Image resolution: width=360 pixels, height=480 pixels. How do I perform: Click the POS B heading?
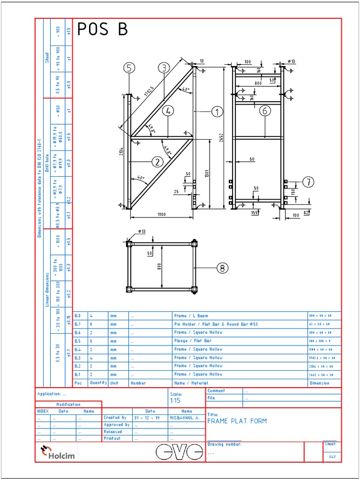[x=102, y=30]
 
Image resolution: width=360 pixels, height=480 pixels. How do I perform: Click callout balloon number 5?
[x=130, y=68]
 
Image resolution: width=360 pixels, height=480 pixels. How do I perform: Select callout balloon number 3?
[x=163, y=68]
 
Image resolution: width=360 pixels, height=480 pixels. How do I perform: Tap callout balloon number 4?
[x=168, y=111]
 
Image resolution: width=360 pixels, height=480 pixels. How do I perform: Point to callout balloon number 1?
[x=217, y=112]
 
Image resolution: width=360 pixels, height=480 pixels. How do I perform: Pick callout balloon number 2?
[x=157, y=162]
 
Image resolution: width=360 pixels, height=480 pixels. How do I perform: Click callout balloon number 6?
[x=265, y=111]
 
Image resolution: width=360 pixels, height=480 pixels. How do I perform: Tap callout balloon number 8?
[x=222, y=268]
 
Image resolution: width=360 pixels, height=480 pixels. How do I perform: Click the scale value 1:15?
[x=175, y=401]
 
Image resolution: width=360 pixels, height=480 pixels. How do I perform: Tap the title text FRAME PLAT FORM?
[x=237, y=421]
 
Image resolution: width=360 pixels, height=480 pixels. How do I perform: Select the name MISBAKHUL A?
[x=184, y=417]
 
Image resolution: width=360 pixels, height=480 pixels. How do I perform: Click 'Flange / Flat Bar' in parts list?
[x=193, y=341]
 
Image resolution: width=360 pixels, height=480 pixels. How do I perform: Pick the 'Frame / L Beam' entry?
[x=191, y=316]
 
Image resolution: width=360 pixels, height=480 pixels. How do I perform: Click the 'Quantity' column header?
[x=98, y=383]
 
